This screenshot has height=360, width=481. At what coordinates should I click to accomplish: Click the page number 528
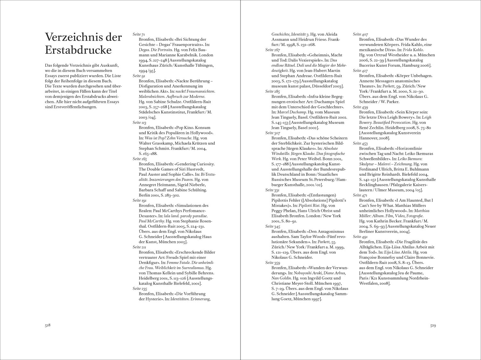(48, 325)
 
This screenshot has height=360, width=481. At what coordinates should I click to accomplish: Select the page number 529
(433, 325)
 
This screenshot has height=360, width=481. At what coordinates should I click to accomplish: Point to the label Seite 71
(139, 34)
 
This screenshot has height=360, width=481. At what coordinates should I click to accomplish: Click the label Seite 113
(139, 122)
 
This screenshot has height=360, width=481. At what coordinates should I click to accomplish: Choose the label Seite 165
(139, 159)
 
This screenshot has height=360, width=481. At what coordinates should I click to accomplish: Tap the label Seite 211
(139, 247)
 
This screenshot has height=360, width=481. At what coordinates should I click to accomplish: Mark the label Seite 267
(273, 50)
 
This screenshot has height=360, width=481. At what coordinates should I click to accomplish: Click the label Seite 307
(273, 133)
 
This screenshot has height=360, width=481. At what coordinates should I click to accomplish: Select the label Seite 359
(273, 263)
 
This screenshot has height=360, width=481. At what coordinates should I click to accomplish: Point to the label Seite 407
(360, 34)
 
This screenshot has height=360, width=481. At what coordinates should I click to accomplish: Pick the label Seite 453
(360, 143)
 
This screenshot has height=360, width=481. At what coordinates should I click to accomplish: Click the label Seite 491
(360, 237)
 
